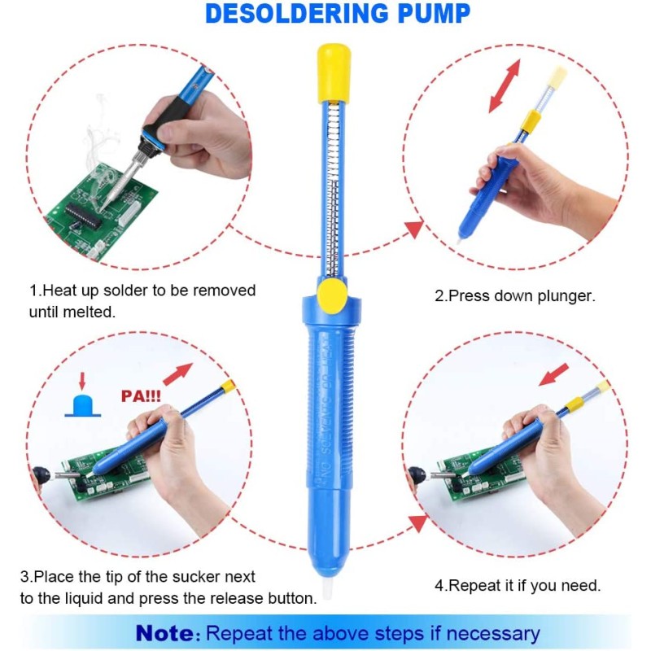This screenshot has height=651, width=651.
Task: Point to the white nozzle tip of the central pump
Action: pos(329,590)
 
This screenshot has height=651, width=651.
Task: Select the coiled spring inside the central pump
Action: pos(331,195)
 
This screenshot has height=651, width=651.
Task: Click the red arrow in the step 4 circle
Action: pos(553,374)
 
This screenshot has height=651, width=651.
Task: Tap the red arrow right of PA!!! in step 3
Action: pos(177,374)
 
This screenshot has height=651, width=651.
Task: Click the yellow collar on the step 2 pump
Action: pos(530,122)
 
